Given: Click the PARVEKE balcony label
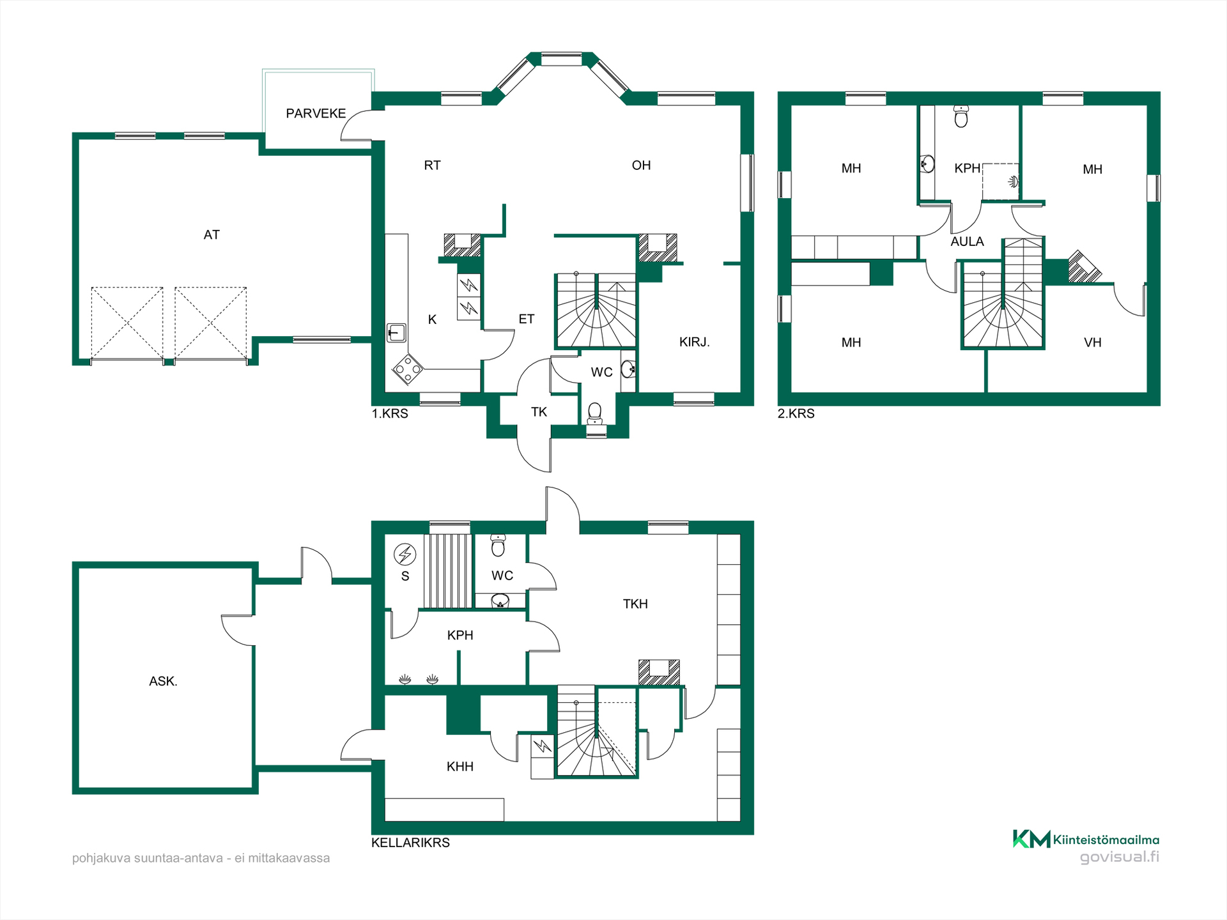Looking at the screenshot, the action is pyautogui.click(x=316, y=114).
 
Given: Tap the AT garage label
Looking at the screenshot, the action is pyautogui.click(x=212, y=235).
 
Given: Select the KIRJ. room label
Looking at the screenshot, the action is pyautogui.click(x=695, y=342).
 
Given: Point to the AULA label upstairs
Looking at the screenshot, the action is pyautogui.click(x=967, y=241).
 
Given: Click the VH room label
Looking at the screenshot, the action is pyautogui.click(x=1093, y=342).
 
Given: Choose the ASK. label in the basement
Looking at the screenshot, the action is pyautogui.click(x=163, y=681).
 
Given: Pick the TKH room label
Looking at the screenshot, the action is pyautogui.click(x=635, y=604).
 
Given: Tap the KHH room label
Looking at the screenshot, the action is pyautogui.click(x=460, y=767).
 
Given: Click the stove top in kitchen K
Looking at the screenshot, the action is pyautogui.click(x=408, y=369).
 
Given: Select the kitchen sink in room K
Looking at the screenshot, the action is pyautogui.click(x=396, y=333).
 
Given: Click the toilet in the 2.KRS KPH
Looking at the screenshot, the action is pyautogui.click(x=961, y=116).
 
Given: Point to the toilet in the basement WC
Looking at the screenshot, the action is pyautogui.click(x=498, y=545).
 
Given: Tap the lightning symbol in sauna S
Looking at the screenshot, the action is pyautogui.click(x=405, y=554).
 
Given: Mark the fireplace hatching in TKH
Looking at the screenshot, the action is pyautogui.click(x=659, y=673).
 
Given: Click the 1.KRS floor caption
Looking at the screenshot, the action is pyautogui.click(x=390, y=413).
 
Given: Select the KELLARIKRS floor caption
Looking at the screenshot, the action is pyautogui.click(x=410, y=843).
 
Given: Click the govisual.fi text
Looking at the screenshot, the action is pyautogui.click(x=1120, y=857).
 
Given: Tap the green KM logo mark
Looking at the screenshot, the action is pyautogui.click(x=1031, y=839).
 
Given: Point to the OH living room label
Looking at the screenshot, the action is pyautogui.click(x=641, y=165).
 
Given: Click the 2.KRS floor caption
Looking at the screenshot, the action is pyautogui.click(x=796, y=413).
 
